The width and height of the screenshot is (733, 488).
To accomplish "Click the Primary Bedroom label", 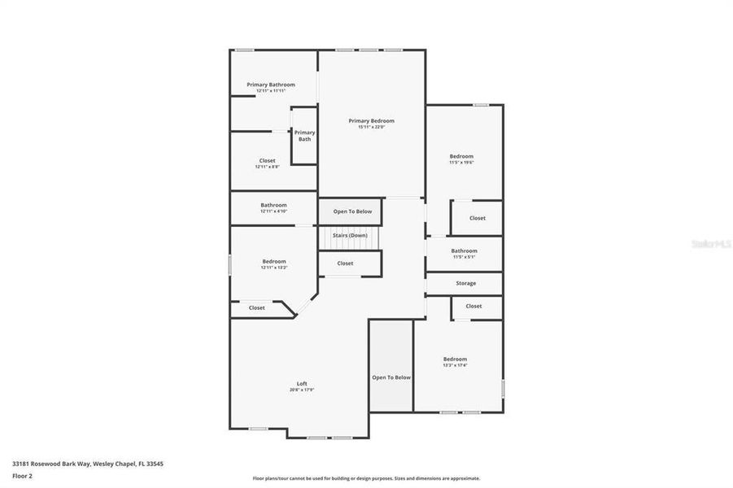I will [371, 120].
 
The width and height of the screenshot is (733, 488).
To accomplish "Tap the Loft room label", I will [301, 384].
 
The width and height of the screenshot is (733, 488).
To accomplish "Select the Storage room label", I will [465, 283].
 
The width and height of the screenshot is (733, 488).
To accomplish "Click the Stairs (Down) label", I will [349, 235].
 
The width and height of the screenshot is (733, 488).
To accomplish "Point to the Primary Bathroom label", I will [271, 85].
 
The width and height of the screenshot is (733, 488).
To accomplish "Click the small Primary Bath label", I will [304, 136].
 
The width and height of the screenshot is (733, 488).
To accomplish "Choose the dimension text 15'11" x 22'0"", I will [371, 127].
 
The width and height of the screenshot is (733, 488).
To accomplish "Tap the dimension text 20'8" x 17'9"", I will [301, 390].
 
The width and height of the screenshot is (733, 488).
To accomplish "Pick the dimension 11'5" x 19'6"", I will [461, 163].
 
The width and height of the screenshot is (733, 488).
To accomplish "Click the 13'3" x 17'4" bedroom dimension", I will [455, 365].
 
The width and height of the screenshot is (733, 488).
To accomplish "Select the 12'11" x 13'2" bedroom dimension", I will [273, 268].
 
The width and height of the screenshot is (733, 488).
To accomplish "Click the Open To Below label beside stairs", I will [352, 211].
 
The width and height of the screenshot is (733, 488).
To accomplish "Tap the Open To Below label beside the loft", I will [391, 377].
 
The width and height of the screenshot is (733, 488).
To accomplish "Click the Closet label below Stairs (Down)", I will [345, 264].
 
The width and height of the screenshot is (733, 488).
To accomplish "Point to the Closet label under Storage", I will [473, 306].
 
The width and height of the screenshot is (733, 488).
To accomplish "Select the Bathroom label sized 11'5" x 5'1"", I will [464, 251].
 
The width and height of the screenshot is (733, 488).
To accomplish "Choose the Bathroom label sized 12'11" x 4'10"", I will [273, 205].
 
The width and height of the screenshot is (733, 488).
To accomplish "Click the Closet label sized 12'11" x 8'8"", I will [267, 160].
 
